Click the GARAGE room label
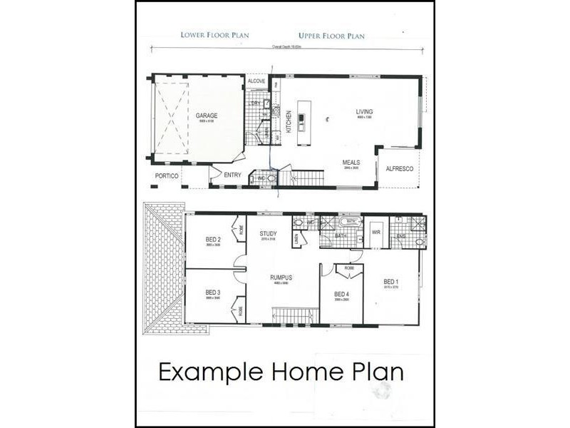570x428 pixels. (207, 116)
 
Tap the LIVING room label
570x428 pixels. (364, 112)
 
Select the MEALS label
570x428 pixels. (351, 163)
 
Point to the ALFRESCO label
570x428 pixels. (397, 169)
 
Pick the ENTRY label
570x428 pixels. (232, 175)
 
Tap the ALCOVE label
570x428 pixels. (256, 81)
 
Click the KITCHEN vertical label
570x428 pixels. (289, 122)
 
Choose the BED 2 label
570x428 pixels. (213, 239)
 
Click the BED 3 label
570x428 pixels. (213, 292)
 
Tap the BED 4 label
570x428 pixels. (341, 294)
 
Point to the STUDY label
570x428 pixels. (268, 234)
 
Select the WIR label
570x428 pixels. (376, 233)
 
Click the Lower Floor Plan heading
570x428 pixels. (209, 35)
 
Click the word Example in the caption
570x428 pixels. (211, 372)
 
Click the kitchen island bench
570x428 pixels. (304, 122)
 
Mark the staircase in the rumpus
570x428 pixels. (294, 315)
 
